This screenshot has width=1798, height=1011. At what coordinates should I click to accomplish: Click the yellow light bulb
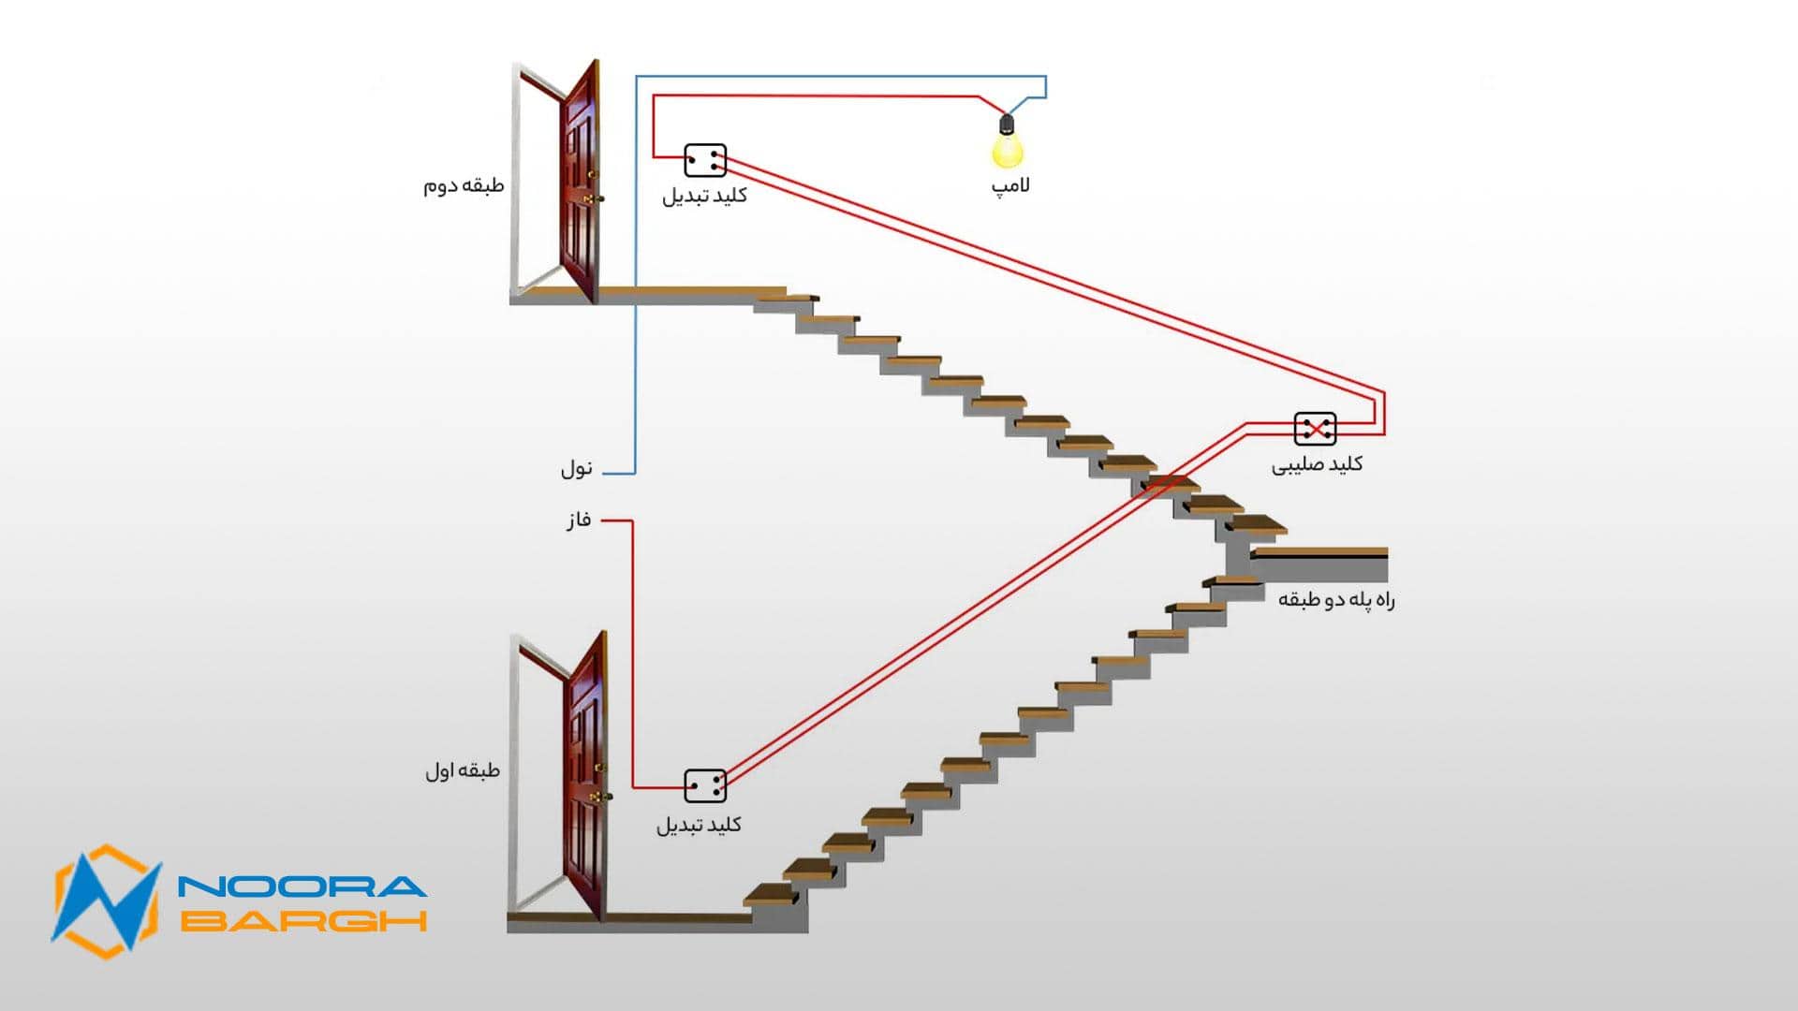coord(1008,151)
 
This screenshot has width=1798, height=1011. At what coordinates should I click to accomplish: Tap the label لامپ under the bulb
coord(1010,185)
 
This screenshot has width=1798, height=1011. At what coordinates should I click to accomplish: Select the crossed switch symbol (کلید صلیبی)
coord(1315,429)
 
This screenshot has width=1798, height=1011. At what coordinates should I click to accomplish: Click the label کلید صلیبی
coord(1316,464)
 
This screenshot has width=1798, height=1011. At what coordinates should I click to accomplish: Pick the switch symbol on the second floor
coord(705,161)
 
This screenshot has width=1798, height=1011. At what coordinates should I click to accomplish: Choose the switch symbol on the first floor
coord(705,786)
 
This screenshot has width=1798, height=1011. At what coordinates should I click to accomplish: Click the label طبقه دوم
coord(464,185)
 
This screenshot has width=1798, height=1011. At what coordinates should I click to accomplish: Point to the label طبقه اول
coord(463,770)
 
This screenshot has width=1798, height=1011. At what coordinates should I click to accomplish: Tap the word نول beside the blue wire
coord(577,468)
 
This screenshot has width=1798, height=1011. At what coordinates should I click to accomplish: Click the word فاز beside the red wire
coord(579,520)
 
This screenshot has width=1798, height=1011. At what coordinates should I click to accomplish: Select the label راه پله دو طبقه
coord(1336,600)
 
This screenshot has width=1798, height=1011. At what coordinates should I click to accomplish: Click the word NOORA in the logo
coord(302,886)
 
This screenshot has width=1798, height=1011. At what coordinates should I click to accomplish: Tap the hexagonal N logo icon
coord(105,901)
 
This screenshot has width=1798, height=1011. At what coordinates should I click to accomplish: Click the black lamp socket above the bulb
coord(1007,125)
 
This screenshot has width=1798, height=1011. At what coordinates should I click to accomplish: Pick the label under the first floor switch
coord(699,825)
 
